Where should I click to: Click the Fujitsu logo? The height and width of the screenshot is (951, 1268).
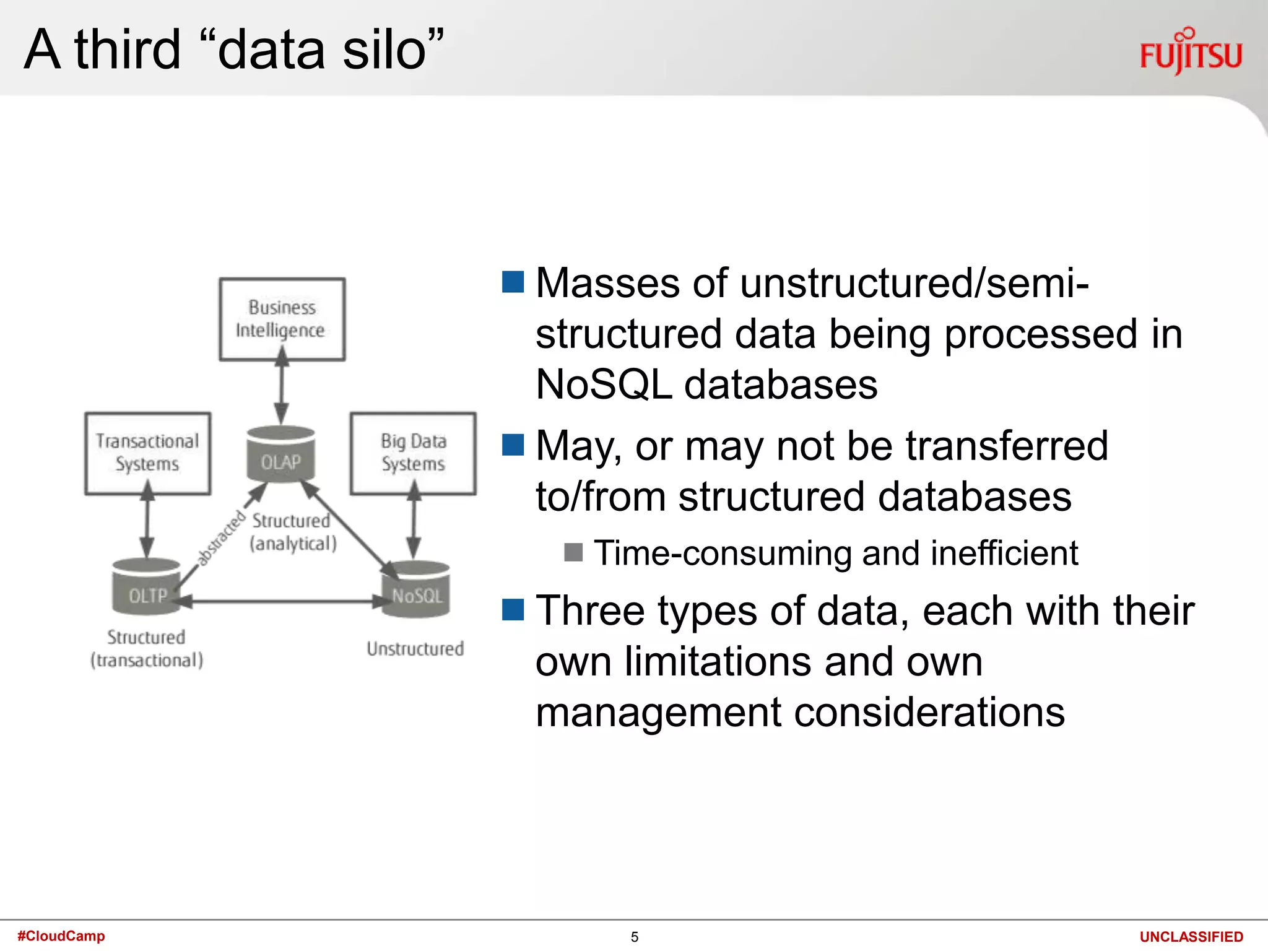[1190, 53]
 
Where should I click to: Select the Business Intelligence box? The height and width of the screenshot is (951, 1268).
[282, 319]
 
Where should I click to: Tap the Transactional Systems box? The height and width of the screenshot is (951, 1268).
[147, 453]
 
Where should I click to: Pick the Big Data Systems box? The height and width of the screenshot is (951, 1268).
[414, 453]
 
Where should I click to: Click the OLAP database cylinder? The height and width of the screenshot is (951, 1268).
[281, 455]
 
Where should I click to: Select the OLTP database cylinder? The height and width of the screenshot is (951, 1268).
[146, 588]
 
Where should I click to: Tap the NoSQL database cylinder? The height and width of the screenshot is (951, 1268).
[416, 591]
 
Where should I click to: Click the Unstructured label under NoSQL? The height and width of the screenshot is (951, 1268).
[415, 649]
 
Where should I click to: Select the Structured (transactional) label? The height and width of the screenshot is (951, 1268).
[146, 649]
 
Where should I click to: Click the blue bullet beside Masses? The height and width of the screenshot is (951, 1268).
[513, 282]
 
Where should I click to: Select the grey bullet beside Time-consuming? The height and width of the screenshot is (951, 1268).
[573, 552]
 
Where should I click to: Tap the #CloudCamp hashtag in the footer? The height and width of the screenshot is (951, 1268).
[61, 936]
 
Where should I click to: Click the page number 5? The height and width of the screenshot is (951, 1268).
[634, 937]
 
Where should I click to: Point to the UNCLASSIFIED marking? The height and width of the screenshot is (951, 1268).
[1191, 937]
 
